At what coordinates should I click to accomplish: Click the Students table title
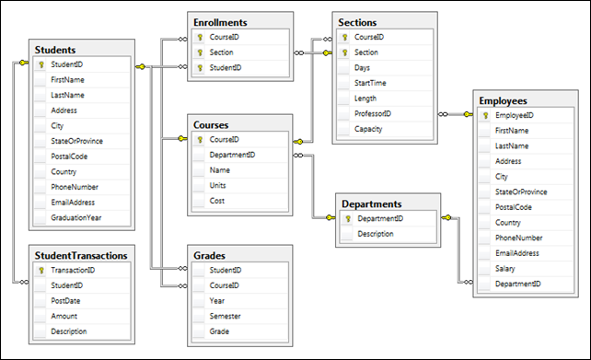55,50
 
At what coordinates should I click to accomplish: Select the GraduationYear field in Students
76,217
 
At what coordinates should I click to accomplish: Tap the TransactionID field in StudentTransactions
73,270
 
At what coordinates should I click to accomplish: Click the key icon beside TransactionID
41,270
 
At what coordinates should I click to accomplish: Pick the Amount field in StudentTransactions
64,316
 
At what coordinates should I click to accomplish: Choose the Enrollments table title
220,23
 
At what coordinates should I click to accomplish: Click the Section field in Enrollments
221,52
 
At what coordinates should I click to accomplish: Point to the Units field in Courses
217,185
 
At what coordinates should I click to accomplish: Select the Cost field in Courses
216,201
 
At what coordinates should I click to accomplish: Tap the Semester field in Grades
225,316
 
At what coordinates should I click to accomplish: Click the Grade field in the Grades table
219,331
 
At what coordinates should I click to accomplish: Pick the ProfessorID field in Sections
373,113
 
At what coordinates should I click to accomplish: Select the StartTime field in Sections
370,83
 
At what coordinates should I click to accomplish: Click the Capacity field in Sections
368,129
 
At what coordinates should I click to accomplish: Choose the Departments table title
372,203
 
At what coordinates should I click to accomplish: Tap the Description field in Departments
376,234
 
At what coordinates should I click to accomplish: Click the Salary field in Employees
504,269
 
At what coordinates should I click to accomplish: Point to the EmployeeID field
514,115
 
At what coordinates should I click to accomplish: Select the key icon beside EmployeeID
485,115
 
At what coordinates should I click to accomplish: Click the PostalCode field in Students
69,157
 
